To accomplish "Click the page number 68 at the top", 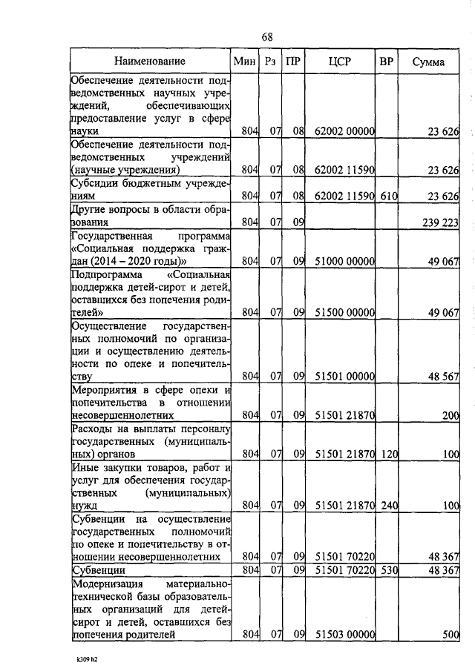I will tap(268, 37).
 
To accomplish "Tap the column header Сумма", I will tap(428, 62).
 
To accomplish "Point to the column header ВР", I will tap(386, 62).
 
